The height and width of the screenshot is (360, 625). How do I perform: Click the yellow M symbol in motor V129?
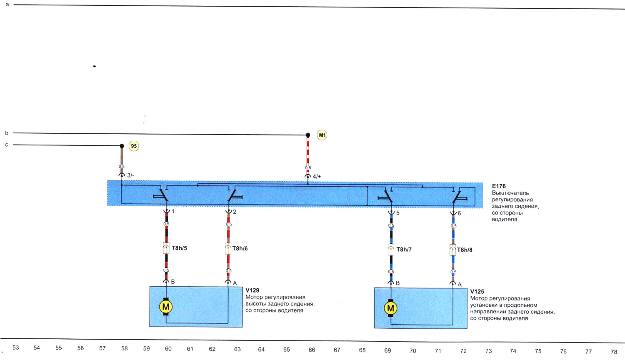(x=166, y=307)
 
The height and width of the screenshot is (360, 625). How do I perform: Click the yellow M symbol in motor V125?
(x=390, y=308)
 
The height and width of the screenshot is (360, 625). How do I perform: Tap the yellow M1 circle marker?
(x=322, y=135)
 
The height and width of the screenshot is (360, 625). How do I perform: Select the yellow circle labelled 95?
(x=134, y=146)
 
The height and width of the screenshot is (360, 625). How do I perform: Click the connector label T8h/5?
(x=179, y=248)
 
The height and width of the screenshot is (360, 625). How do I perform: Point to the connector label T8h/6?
(x=240, y=249)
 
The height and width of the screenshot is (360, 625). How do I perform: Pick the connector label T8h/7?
(x=404, y=250)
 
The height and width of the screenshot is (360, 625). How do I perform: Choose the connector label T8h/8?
(x=465, y=250)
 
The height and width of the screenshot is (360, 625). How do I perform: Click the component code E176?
(x=499, y=186)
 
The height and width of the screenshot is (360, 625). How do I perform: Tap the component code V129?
(x=252, y=290)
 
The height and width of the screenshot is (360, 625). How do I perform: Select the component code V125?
(x=477, y=292)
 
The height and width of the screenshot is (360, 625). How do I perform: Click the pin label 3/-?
(x=131, y=175)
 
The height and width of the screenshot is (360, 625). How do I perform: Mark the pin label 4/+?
(x=317, y=176)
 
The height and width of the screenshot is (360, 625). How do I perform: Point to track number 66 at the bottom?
(x=312, y=350)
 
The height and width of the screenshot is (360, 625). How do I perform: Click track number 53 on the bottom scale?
(x=16, y=347)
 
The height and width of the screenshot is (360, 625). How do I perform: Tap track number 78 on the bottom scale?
(x=614, y=352)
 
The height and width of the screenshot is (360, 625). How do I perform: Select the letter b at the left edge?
(x=7, y=133)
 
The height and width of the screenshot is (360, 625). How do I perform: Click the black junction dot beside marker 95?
(x=122, y=146)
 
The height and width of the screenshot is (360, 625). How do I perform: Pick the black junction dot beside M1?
(x=308, y=135)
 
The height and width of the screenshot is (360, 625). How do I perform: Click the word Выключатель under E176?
(x=510, y=193)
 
